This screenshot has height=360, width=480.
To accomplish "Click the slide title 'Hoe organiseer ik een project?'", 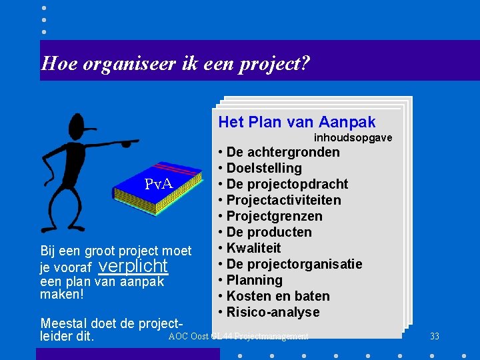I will point(175,63).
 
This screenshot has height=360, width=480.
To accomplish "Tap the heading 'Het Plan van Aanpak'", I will point(297,122).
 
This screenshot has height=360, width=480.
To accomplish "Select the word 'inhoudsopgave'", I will point(353,137).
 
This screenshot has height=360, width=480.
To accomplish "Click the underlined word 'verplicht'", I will point(133,266).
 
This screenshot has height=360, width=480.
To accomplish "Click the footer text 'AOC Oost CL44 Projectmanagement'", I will point(238,337).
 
